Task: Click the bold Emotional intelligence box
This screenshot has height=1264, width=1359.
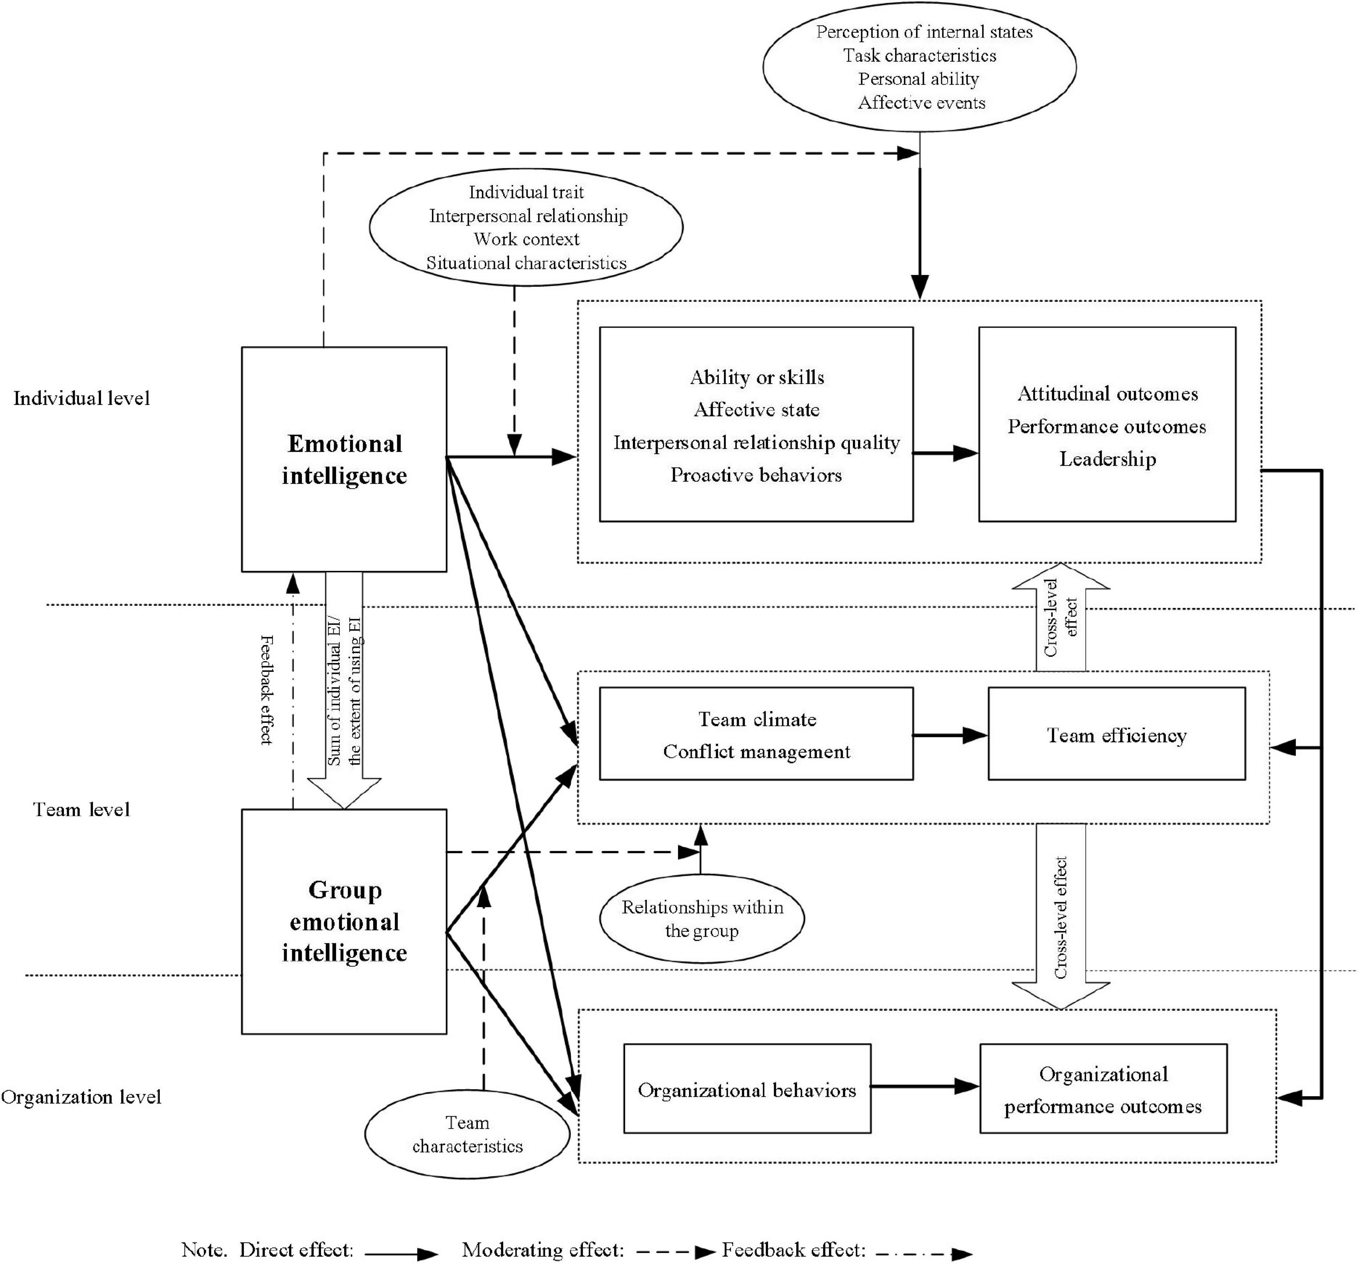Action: pyautogui.click(x=344, y=459)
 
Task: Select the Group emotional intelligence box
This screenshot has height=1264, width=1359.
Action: pyautogui.click(x=344, y=922)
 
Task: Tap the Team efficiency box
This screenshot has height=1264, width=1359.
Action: pyautogui.click(x=1116, y=734)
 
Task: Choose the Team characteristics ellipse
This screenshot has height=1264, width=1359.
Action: pyautogui.click(x=467, y=1134)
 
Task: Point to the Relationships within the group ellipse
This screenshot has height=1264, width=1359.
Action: pyautogui.click(x=702, y=919)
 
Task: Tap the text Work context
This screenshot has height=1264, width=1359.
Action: pyautogui.click(x=526, y=239)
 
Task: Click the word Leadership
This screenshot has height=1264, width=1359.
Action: pyautogui.click(x=1107, y=459)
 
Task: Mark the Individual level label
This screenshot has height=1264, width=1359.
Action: pyautogui.click(x=81, y=398)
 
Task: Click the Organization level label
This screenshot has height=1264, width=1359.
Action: pyautogui.click(x=81, y=1097)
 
